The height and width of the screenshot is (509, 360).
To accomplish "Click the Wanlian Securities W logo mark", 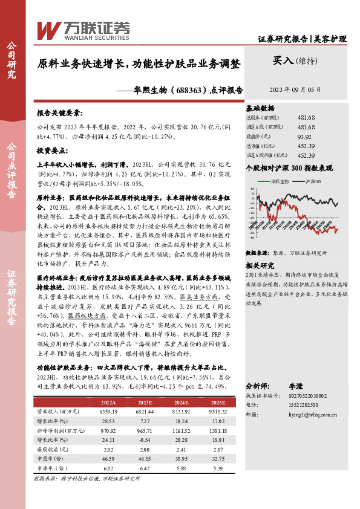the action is [x=48, y=30].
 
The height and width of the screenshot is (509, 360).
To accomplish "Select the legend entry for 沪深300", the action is [x=313, y=181].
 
